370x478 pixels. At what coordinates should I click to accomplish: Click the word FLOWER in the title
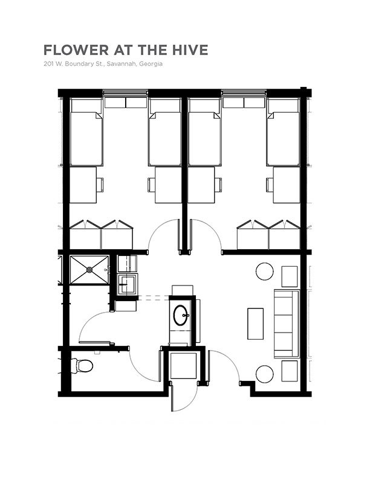[76, 50]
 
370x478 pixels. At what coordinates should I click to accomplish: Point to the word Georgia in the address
[151, 65]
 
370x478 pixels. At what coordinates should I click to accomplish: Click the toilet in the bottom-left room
[82, 366]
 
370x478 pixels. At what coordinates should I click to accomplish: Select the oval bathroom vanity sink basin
[181, 315]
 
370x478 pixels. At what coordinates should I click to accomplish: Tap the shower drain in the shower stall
[89, 270]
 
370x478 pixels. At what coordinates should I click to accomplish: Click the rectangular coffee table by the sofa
[255, 323]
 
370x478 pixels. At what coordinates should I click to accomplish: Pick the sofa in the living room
[287, 323]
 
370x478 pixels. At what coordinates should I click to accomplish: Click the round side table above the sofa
[265, 272]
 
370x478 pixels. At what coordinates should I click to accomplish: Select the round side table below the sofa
[265, 374]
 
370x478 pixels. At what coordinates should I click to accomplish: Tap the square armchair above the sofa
[290, 276]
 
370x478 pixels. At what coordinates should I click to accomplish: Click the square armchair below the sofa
[290, 371]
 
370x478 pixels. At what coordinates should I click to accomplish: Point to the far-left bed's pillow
[86, 105]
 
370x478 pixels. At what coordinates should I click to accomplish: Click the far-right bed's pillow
[283, 105]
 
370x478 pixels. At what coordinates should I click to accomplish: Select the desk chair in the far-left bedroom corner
[100, 185]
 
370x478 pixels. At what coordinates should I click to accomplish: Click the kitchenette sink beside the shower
[128, 284]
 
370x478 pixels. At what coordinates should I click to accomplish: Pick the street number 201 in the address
[47, 64]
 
